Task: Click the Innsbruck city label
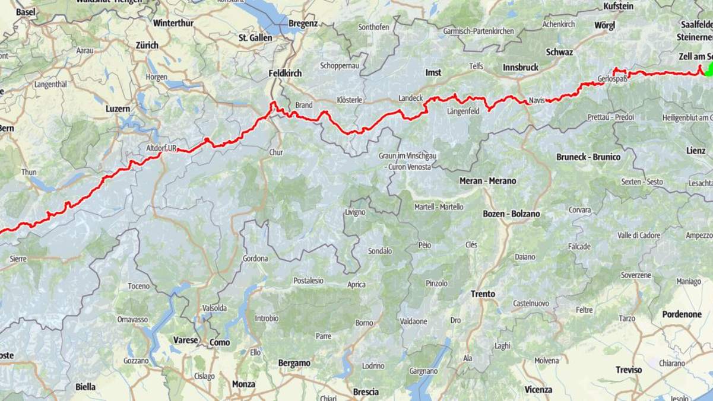[520, 68]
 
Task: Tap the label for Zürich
[147, 45]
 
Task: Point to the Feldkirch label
[285, 73]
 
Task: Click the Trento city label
[483, 294]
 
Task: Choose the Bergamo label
[294, 363]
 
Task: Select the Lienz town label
[695, 151]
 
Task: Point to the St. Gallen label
[255, 38]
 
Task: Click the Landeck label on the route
[410, 98]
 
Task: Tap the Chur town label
[276, 152]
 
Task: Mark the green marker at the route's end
[708, 70]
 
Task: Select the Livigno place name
[355, 212]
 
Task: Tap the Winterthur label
[173, 24]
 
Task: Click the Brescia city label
[366, 392]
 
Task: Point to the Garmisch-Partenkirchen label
[478, 31]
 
